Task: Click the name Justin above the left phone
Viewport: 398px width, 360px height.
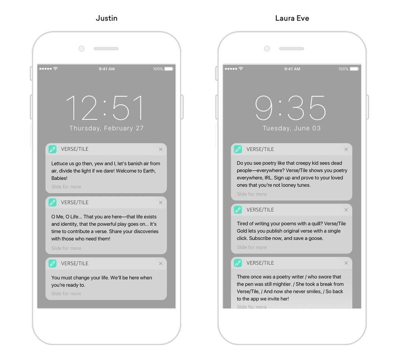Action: point(107,18)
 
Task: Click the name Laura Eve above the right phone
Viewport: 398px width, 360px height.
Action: point(292,18)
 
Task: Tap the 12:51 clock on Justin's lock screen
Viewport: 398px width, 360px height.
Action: point(105,108)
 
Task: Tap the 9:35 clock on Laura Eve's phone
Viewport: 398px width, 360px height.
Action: point(290,108)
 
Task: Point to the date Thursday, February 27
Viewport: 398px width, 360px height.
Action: point(107,128)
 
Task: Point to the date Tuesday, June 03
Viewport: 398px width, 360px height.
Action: point(291,128)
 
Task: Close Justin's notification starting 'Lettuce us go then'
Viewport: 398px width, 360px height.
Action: point(161,149)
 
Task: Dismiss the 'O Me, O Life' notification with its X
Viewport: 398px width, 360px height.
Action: point(161,202)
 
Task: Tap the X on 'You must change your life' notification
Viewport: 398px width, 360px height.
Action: point(161,263)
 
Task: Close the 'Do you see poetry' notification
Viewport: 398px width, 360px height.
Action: point(346,149)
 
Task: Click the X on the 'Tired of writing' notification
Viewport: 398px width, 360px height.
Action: point(346,210)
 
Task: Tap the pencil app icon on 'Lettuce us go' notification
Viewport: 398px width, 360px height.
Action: point(53,149)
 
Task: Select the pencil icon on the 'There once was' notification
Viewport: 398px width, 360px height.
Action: point(238,263)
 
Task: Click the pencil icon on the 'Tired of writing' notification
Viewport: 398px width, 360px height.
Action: point(238,210)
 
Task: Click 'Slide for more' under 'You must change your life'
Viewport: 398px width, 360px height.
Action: point(66,294)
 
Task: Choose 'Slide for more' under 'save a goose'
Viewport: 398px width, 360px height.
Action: point(252,247)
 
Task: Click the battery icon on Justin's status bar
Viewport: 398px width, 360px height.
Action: point(169,69)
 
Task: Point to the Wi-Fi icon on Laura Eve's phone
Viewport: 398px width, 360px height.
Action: point(241,68)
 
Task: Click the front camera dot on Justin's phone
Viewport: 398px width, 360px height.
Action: point(81,49)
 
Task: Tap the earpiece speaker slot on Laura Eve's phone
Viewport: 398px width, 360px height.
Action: point(291,49)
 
